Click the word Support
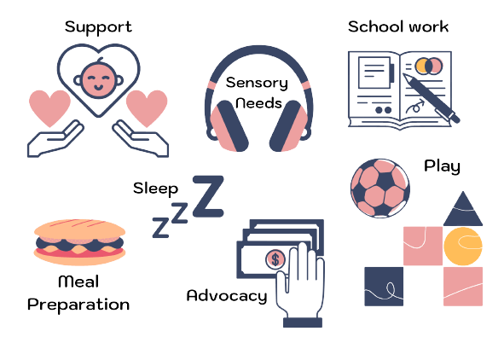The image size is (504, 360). click(98, 27)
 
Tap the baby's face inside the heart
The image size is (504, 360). click(98, 79)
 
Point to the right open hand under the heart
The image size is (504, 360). click(141, 139)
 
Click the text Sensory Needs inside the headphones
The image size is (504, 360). click(258, 93)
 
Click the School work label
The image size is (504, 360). click(398, 26)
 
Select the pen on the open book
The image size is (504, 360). click(432, 98)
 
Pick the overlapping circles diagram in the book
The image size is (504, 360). click(429, 66)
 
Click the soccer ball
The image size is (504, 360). click(380, 188)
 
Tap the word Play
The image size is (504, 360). click(442, 167)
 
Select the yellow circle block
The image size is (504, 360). click(463, 247)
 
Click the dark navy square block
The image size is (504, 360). click(384, 287)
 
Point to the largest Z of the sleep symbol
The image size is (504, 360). click(208, 196)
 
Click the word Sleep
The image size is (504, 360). click(155, 189)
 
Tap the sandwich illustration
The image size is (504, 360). click(79, 242)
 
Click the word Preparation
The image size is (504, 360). click(78, 305)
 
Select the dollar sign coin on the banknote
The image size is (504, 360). click(275, 259)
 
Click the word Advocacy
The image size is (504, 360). click(227, 296)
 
